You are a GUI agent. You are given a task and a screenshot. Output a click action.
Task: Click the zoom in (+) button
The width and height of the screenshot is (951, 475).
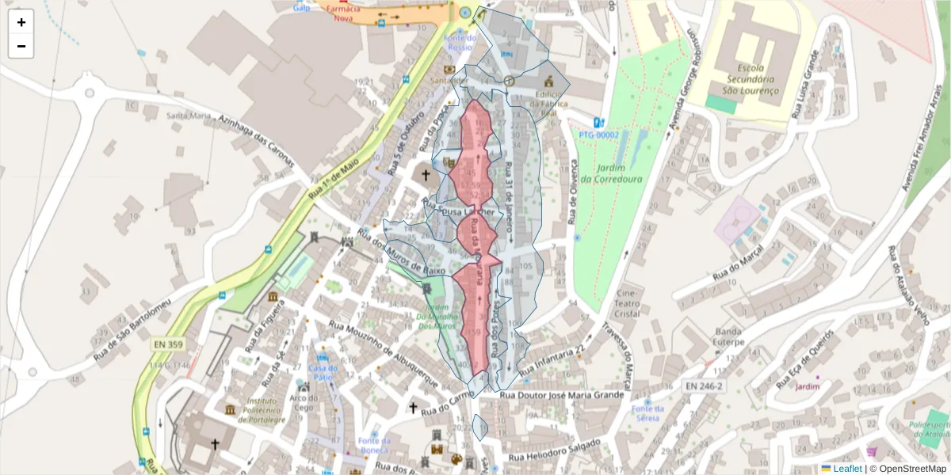21,22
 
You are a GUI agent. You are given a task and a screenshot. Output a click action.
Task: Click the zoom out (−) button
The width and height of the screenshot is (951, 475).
21,46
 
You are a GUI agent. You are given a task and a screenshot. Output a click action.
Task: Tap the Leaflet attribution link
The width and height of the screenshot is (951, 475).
846,469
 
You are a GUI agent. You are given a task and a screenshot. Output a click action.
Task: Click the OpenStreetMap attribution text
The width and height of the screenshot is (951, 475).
909,469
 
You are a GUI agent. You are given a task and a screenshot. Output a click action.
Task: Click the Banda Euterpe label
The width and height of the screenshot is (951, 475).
729,337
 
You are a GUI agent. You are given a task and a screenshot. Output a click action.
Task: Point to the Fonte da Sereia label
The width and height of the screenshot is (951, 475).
648,412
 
